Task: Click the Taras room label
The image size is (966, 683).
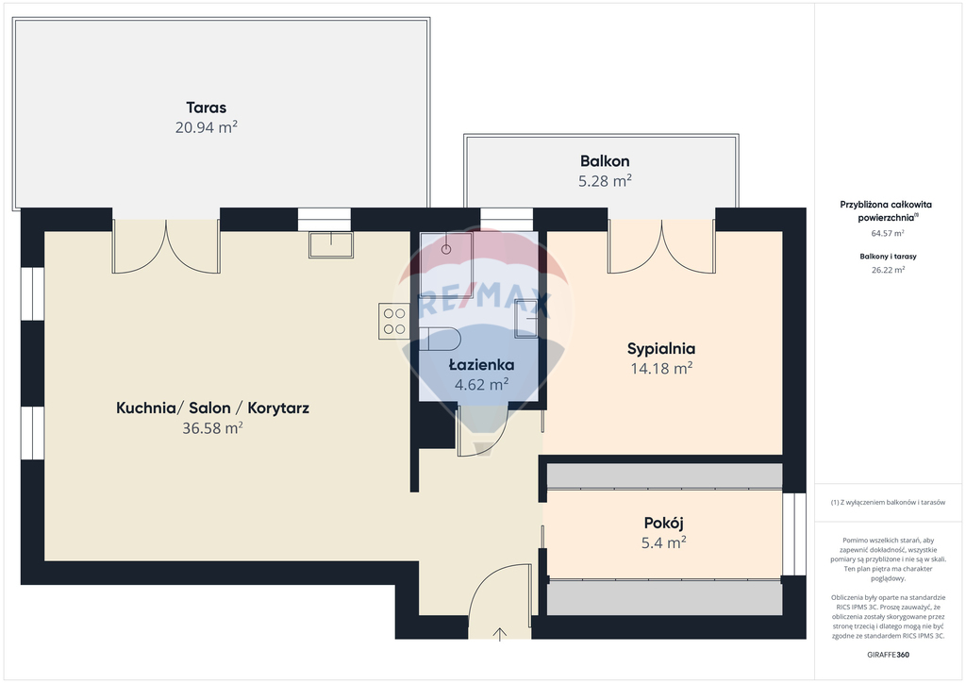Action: [x=207, y=108]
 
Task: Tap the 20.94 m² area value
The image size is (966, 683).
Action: [x=207, y=127]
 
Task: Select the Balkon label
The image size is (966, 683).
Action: [x=605, y=161]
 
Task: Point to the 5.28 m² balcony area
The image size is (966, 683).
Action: [x=605, y=181]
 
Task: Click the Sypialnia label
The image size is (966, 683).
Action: [x=661, y=349]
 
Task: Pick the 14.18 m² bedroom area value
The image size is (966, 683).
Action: [x=661, y=368]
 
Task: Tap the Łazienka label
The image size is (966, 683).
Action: [x=481, y=365]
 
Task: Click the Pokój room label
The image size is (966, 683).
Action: [x=663, y=524]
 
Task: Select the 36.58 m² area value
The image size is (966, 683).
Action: [x=212, y=428]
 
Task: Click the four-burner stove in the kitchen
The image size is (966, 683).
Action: [x=394, y=322]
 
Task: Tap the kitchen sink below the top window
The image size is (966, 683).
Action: [x=331, y=244]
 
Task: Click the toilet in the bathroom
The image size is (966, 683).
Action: [x=441, y=340]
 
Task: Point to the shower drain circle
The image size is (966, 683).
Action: [x=446, y=249]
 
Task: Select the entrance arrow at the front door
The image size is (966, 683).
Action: [x=500, y=634]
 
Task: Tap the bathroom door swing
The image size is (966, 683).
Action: [x=481, y=431]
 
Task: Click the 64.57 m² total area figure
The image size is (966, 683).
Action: [x=887, y=233]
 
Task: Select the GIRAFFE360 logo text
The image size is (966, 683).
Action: [x=888, y=655]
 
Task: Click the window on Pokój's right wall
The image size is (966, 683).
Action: [x=794, y=534]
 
